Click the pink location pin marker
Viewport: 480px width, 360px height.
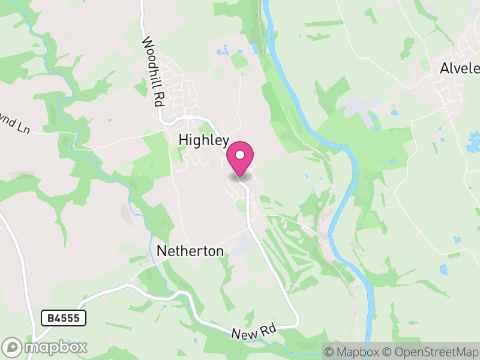click(240, 157)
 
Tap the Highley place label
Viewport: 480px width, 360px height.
click(204, 140)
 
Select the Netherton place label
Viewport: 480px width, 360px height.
click(190, 251)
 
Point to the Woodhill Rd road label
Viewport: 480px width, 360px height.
click(153, 71)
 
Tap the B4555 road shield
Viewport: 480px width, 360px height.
click(64, 318)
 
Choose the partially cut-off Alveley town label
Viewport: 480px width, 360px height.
click(460, 68)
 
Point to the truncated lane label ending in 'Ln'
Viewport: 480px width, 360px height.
click(14, 128)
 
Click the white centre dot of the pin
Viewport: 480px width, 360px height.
click(240, 155)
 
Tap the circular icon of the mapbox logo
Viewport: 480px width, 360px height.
click(13, 347)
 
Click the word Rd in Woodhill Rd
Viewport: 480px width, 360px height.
click(158, 96)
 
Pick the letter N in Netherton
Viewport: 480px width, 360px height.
click(161, 251)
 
